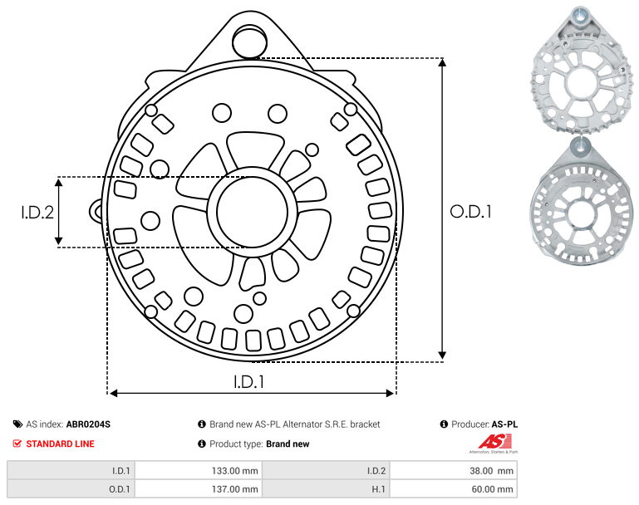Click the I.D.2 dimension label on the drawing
(37, 212)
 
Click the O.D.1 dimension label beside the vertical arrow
(471, 211)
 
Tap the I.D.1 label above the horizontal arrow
(249, 382)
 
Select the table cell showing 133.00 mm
(198, 471)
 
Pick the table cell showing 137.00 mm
(198, 488)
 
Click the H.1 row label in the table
(378, 488)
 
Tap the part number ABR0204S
(88, 424)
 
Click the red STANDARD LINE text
(61, 444)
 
